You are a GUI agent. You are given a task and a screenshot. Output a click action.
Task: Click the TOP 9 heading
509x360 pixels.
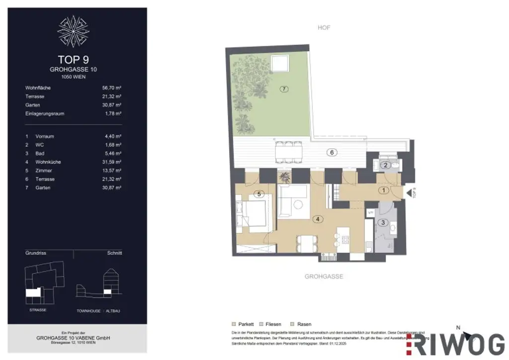77,60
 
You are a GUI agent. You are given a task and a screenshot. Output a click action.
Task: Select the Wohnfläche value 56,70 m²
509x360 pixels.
112,88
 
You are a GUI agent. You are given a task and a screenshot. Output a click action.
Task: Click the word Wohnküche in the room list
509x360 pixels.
48,162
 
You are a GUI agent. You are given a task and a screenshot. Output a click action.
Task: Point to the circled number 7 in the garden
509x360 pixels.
284,90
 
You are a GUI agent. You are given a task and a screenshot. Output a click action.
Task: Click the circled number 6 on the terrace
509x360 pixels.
332,153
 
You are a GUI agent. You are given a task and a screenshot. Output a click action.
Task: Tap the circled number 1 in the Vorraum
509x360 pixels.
383,190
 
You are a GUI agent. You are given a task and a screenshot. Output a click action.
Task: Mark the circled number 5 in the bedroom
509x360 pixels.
257,194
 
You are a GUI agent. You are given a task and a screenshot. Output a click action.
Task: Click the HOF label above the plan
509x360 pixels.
324,28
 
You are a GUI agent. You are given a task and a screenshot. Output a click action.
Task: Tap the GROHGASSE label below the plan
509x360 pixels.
324,276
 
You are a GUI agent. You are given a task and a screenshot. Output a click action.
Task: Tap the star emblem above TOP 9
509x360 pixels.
77,30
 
